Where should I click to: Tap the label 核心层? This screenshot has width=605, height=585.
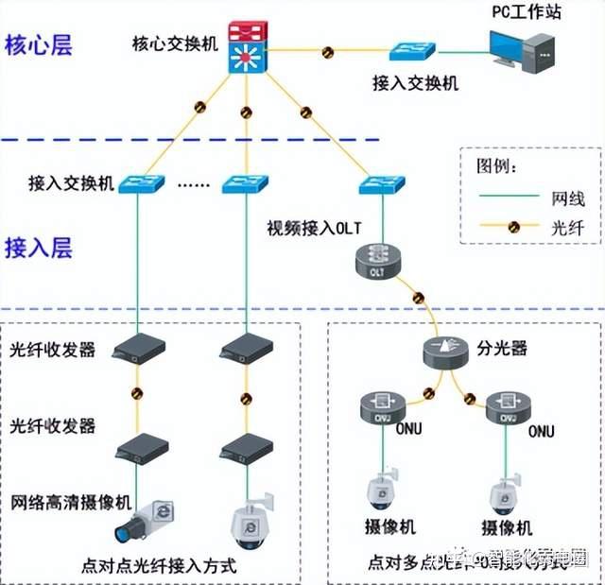(39, 44)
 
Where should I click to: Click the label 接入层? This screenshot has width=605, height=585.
(39, 248)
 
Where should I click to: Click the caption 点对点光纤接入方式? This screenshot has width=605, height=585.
(160, 566)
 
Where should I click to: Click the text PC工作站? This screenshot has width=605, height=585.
(524, 12)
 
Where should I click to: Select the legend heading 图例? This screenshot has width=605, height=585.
(494, 166)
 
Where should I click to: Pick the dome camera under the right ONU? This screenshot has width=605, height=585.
(503, 494)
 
